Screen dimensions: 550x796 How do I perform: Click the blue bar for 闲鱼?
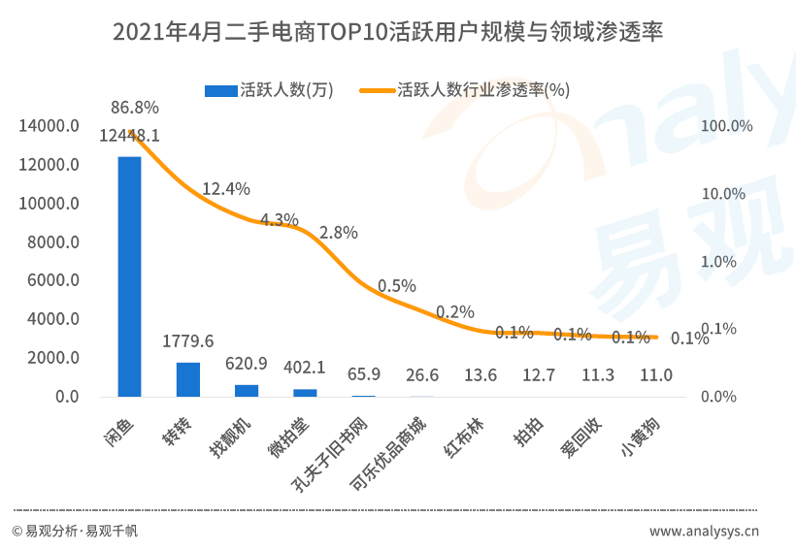(129, 276)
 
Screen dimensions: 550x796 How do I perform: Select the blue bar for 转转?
(188, 379)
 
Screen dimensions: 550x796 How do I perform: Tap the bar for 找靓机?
(247, 391)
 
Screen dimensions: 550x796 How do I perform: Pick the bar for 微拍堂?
(305, 393)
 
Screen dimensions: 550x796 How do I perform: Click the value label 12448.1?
(129, 136)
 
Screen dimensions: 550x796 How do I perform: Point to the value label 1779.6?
(188, 340)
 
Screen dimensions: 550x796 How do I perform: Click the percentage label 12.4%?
(226, 188)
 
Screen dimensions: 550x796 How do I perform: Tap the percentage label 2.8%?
(338, 233)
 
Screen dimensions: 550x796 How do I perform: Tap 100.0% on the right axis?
(727, 126)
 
